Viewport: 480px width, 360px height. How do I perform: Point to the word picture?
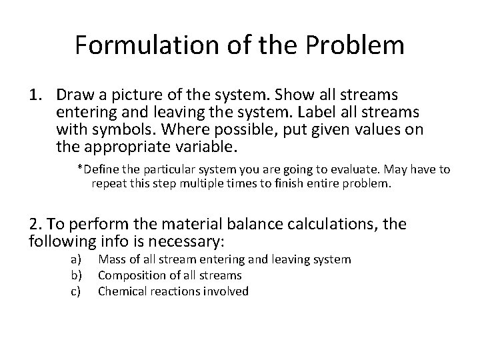(x=132, y=96)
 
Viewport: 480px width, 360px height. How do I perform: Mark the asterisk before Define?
(x=80, y=169)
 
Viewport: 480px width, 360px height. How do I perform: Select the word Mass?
(x=111, y=260)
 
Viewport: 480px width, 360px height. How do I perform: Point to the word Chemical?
(x=121, y=291)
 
